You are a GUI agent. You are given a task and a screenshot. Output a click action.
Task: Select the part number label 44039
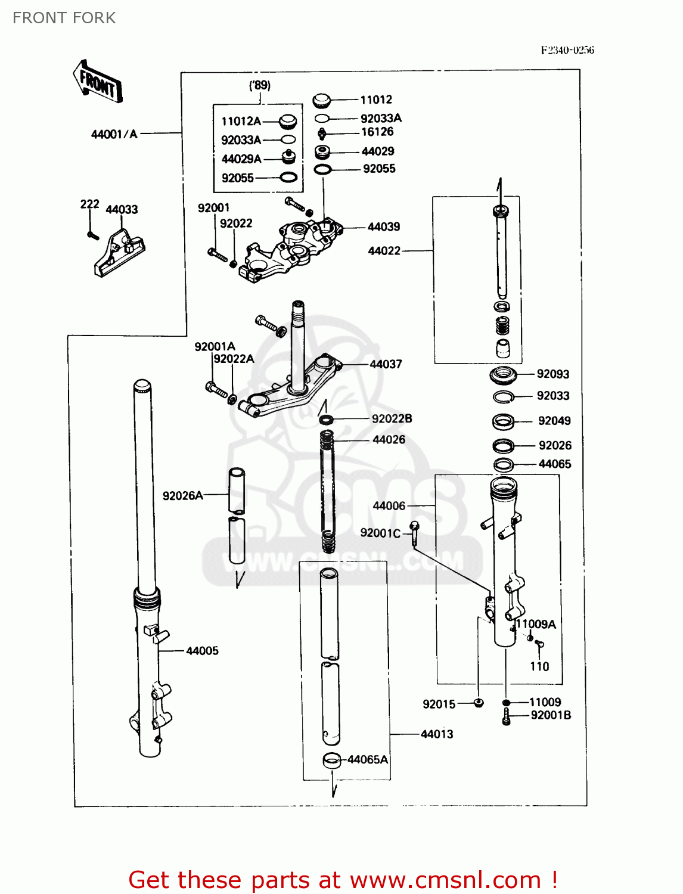[x=384, y=227]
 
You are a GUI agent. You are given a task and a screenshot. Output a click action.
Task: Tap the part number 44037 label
[x=386, y=364]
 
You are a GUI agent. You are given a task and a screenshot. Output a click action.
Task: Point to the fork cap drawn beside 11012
[x=321, y=100]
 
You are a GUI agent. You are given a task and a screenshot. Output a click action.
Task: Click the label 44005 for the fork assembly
[x=202, y=651]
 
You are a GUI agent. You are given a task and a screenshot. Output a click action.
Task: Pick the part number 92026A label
[x=182, y=496]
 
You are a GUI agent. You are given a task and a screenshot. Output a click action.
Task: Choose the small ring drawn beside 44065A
[x=331, y=760]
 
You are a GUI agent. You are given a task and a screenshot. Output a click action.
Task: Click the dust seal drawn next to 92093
[x=502, y=375]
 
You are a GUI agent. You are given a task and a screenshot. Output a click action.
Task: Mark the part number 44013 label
[x=437, y=734]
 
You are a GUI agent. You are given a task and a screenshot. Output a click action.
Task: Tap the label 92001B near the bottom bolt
[x=551, y=715]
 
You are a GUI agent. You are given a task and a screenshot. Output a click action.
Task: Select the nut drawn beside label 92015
[x=478, y=704]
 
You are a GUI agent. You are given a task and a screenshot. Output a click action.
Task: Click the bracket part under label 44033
[x=119, y=253]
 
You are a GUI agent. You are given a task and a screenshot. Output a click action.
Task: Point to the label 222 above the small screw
[x=89, y=204]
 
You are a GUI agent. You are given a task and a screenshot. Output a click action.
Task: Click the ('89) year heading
[x=259, y=85]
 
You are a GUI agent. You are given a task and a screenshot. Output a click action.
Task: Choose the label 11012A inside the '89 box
[x=241, y=122]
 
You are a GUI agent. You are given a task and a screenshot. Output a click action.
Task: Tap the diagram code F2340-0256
[x=567, y=50]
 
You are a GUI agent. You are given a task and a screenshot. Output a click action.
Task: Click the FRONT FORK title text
[x=64, y=18]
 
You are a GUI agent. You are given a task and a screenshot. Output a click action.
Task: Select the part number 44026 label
[x=389, y=440]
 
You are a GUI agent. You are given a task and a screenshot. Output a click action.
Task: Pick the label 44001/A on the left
[x=114, y=134]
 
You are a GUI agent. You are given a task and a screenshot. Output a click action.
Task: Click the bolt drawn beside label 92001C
[x=415, y=532]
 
